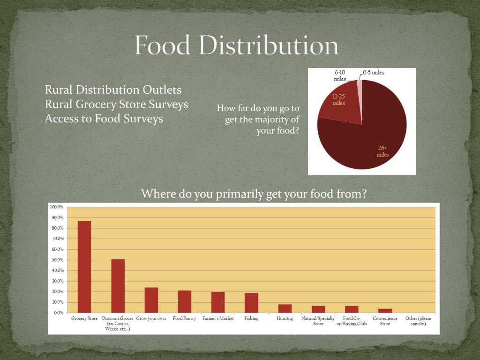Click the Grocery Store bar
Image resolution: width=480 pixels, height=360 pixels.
pyautogui.click(x=84, y=267)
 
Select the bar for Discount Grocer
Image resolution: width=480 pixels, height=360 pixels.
pyautogui.click(x=118, y=286)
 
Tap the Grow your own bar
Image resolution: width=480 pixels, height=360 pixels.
pyautogui.click(x=151, y=300)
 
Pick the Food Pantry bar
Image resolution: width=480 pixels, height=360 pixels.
pyautogui.click(x=185, y=301)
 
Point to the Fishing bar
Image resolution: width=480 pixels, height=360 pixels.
pyautogui.click(x=251, y=303)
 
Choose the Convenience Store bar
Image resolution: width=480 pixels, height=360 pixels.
pyautogui.click(x=385, y=311)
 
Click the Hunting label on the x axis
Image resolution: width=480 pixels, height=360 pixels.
pyautogui.click(x=285, y=318)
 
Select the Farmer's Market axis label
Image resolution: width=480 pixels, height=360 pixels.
pyautogui.click(x=218, y=318)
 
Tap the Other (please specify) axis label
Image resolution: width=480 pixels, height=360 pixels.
pyautogui.click(x=418, y=321)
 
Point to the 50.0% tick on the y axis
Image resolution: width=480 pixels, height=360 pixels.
pyautogui.click(x=58, y=260)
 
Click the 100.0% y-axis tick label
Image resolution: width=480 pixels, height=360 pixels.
pyautogui.click(x=57, y=207)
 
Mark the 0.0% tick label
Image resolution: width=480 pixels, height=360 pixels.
pyautogui.click(x=59, y=313)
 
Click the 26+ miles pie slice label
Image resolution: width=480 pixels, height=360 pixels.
pyautogui.click(x=382, y=151)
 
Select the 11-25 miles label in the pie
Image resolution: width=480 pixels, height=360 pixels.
pyautogui.click(x=339, y=100)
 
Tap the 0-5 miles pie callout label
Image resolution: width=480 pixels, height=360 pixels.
pyautogui.click(x=374, y=73)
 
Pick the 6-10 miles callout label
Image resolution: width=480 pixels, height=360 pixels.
pyautogui.click(x=340, y=75)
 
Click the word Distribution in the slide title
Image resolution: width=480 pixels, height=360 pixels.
pyautogui.click(x=269, y=45)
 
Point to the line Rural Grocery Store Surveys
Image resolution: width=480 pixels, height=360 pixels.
pyautogui.click(x=116, y=104)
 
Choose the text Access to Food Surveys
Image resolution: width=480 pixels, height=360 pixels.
pyautogui.click(x=104, y=119)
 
